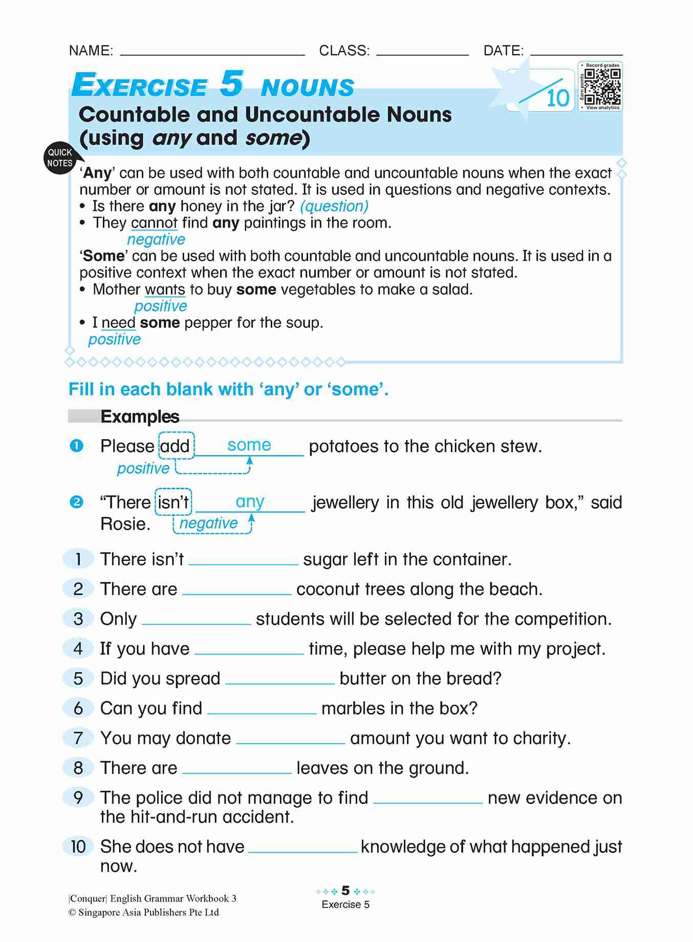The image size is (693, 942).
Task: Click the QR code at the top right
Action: [x=602, y=86]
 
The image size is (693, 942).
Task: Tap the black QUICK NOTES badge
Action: [x=60, y=158]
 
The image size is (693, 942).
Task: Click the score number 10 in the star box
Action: [x=557, y=98]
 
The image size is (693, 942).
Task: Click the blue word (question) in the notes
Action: [x=334, y=206]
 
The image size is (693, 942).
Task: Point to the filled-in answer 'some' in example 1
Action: [x=249, y=445]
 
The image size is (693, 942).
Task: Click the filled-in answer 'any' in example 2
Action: [x=250, y=501]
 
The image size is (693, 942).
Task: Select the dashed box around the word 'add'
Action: [x=176, y=446]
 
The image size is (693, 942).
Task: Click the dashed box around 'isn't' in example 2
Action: [x=174, y=502]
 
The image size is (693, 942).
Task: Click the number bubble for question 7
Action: [x=78, y=738]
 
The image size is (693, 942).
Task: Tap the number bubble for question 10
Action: [x=78, y=846]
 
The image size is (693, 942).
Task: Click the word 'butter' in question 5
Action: [x=362, y=678]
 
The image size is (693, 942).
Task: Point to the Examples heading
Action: [x=140, y=416]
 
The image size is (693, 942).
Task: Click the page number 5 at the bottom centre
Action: [x=345, y=890]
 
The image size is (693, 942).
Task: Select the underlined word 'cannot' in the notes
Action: [x=154, y=223]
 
